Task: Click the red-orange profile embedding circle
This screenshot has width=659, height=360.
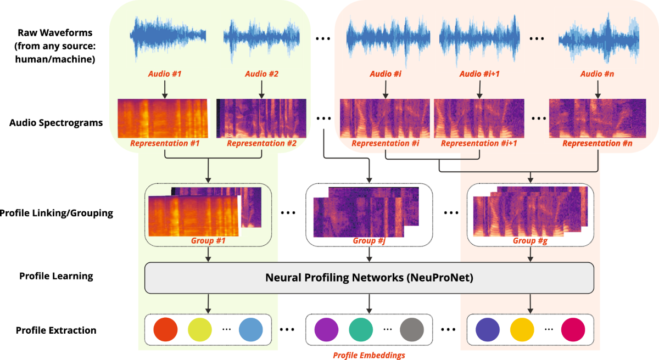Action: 165,329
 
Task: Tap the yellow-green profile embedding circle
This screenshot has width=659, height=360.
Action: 200,329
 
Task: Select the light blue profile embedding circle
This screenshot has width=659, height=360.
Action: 251,329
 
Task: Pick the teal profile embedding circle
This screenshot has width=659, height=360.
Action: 361,329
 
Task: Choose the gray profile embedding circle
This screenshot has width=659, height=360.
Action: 412,329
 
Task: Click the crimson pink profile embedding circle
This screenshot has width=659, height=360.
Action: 573,329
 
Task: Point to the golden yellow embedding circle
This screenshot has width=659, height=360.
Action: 522,329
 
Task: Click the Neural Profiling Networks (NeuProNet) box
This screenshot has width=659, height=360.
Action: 369,278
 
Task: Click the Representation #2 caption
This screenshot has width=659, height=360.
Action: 261,144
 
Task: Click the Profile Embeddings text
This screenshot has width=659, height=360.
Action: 369,355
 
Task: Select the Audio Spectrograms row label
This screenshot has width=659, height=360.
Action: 56,122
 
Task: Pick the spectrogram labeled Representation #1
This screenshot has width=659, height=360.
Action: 163,118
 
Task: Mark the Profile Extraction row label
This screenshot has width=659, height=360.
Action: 56,330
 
